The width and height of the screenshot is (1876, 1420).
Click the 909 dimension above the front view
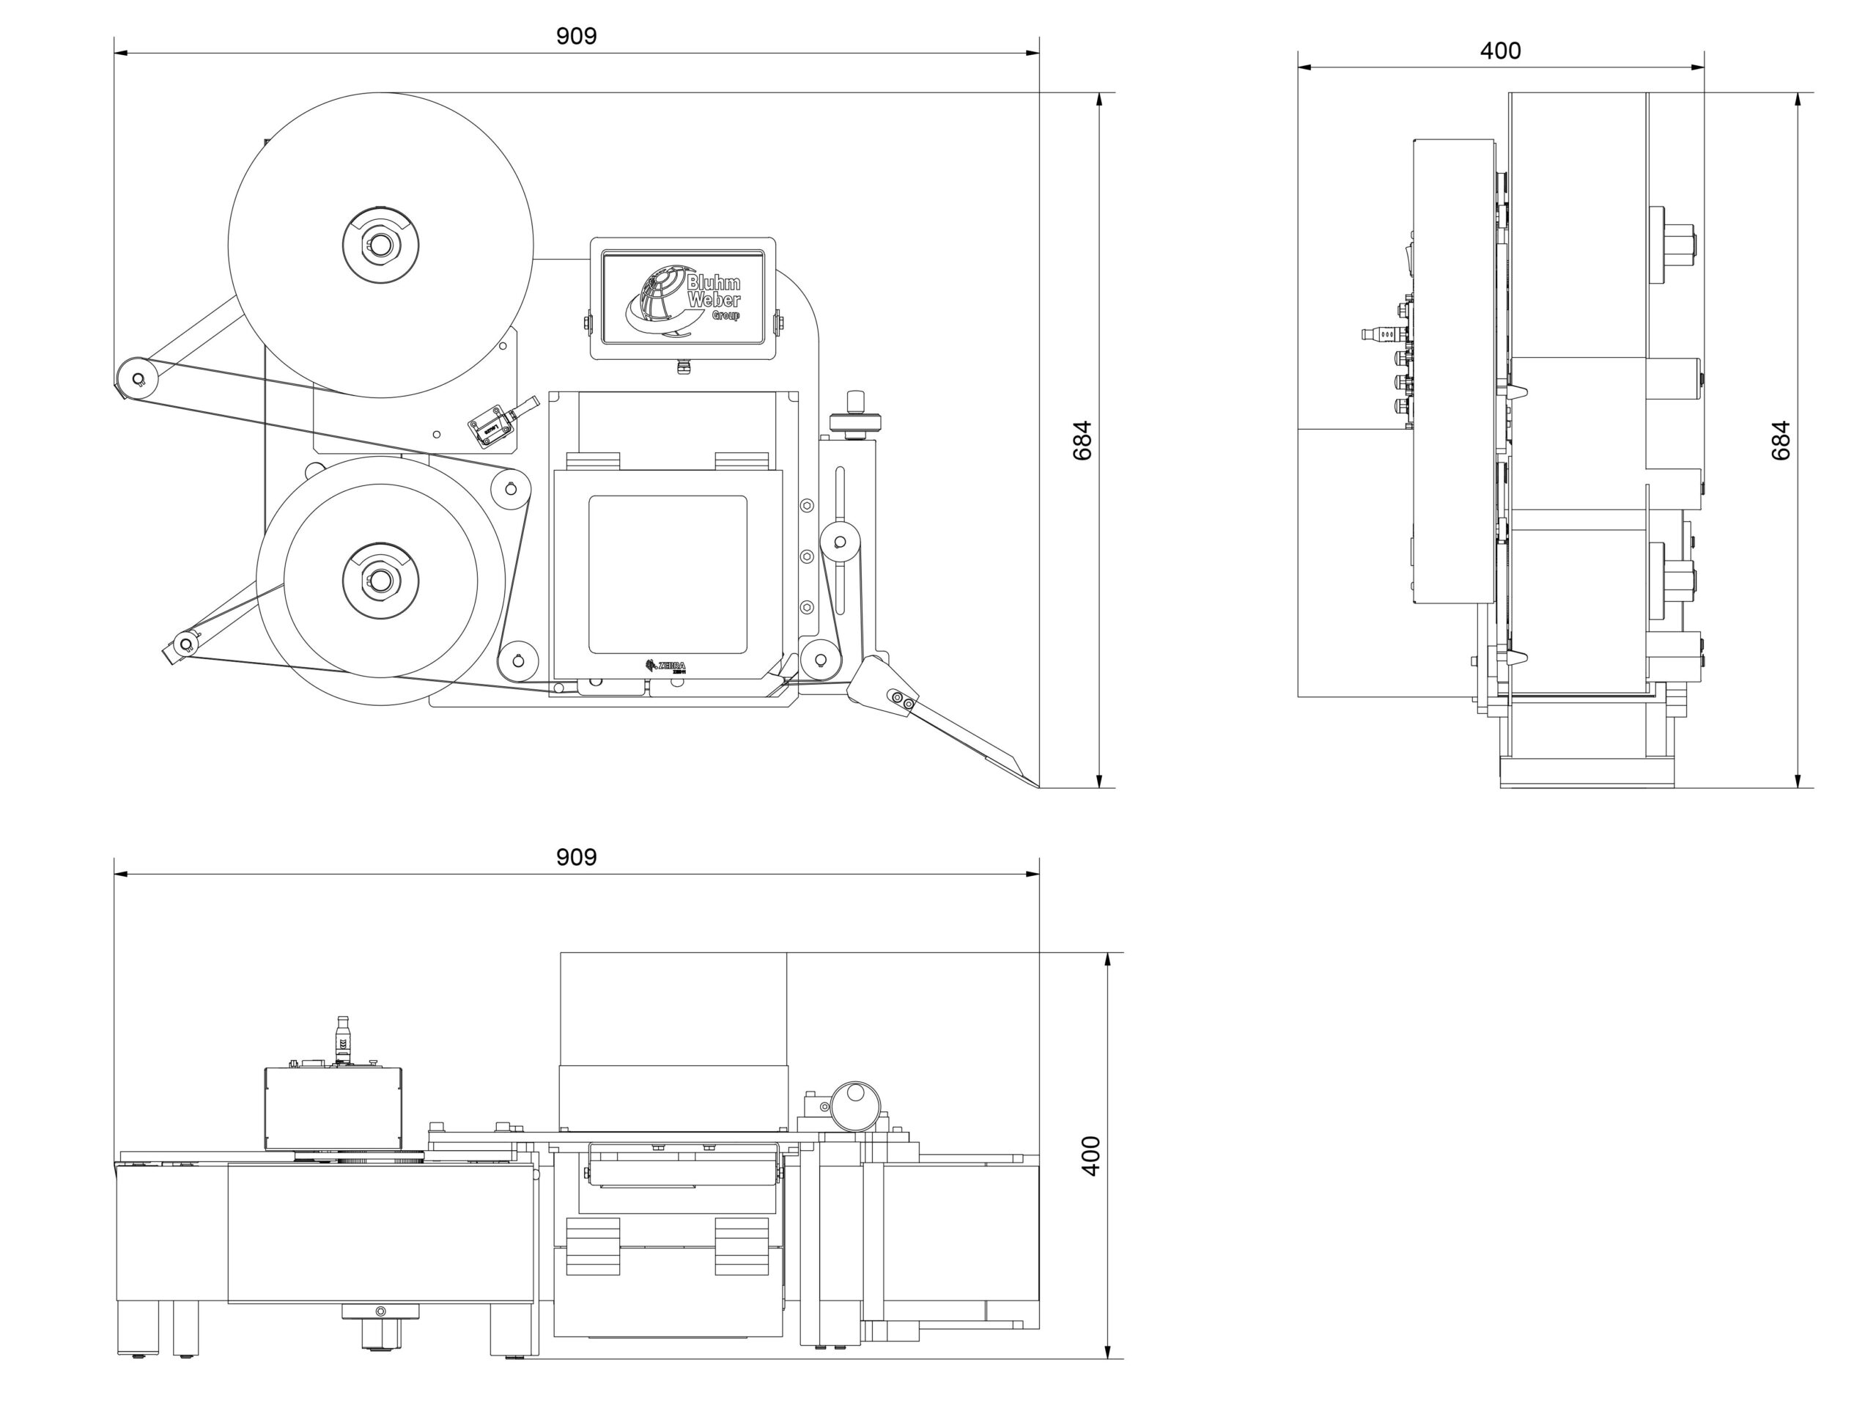point(576,37)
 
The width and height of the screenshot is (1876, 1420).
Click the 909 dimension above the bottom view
point(576,858)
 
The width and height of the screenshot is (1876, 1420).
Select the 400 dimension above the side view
point(1499,51)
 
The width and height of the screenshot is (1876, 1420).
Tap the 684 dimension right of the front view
point(1083,441)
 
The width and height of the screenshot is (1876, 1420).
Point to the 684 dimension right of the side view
point(1781,441)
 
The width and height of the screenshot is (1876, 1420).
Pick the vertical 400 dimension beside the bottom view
point(1091,1155)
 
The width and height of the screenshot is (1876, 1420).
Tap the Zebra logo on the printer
point(665,666)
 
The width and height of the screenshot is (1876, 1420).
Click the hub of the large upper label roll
point(381,245)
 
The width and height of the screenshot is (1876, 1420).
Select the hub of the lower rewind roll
point(381,580)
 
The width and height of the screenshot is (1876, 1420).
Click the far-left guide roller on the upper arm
point(136,377)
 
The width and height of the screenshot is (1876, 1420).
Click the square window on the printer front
point(668,574)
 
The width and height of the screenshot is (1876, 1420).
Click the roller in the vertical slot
point(841,540)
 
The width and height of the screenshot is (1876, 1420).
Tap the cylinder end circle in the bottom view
point(855,1106)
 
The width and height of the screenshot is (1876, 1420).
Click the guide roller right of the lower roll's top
point(510,488)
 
